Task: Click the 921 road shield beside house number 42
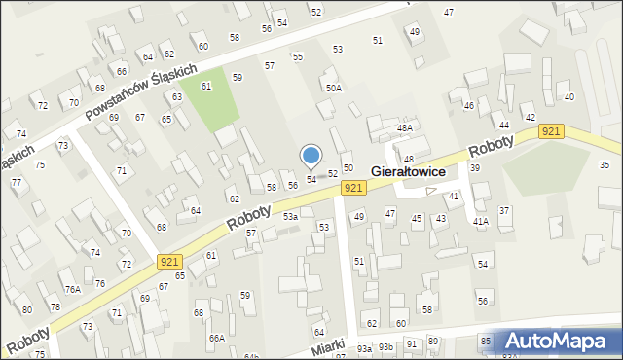tap(552, 131)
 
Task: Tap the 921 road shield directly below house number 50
tap(353, 187)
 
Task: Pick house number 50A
tap(334, 88)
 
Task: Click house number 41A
tap(480, 222)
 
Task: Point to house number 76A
tap(73, 289)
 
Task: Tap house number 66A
tap(216, 338)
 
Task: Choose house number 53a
tap(290, 216)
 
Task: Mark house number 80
tap(27, 309)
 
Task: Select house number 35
tap(605, 164)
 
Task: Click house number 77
tap(16, 182)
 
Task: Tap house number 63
tap(178, 97)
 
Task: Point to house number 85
tap(486, 341)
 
